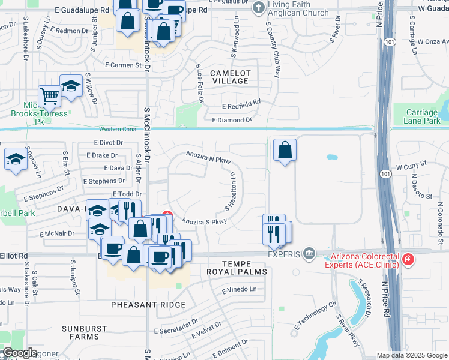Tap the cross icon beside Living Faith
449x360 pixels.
click(258, 8)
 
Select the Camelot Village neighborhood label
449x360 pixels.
click(229, 77)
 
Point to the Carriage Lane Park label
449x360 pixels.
click(423, 116)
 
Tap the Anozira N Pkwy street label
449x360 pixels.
click(208, 156)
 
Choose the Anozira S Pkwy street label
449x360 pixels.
click(204, 221)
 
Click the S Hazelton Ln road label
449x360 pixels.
click(229, 192)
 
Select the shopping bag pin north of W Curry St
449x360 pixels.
click(285, 150)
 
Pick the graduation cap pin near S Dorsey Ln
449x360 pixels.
click(15, 158)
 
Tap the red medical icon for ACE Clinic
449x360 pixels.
click(408, 259)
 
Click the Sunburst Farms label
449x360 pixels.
click(85, 333)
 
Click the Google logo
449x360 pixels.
click(20, 353)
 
